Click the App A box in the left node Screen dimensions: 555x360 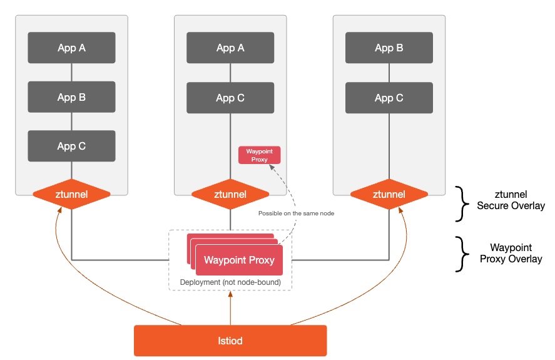point(71,48)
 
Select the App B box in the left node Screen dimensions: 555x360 point(71,97)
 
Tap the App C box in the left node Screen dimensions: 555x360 point(71,146)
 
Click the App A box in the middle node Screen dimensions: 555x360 point(230,48)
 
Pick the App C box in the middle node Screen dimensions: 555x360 point(230,98)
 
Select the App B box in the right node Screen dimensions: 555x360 point(389,48)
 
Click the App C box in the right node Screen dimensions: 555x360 point(389,98)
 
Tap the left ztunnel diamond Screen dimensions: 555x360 point(71,194)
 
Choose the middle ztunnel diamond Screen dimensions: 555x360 point(230,194)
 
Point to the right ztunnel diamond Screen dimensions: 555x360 point(389,194)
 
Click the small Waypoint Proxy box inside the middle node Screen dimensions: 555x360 point(260,155)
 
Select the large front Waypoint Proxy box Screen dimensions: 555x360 point(239,260)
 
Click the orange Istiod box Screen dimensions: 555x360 point(230,341)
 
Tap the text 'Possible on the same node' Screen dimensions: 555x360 point(296,213)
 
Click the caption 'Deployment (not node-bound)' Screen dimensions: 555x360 point(230,282)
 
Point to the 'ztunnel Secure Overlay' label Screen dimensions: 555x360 point(511,200)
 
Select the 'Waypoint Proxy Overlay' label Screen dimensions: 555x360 point(511,253)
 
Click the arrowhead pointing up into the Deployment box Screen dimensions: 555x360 point(230,294)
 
